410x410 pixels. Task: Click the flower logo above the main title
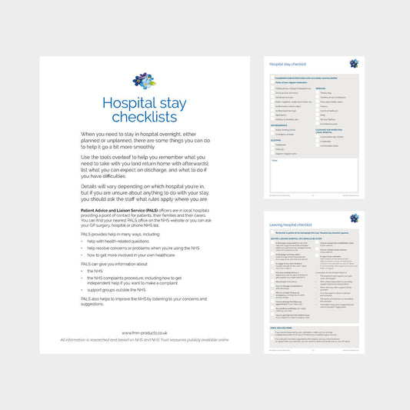[x=144, y=81]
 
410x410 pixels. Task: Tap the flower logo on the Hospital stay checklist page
[x=354, y=64]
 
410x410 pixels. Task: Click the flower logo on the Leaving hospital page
[x=354, y=219]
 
